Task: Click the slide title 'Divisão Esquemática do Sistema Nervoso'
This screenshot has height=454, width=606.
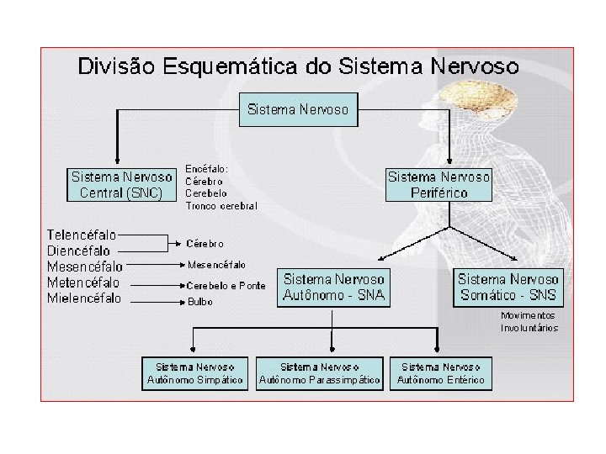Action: (298, 66)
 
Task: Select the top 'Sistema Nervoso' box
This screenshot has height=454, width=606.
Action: (298, 109)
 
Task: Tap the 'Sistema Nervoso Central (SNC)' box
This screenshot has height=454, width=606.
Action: (121, 185)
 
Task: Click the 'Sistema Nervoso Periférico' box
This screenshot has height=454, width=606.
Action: (439, 185)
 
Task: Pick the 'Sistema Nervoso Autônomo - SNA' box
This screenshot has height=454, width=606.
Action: (334, 287)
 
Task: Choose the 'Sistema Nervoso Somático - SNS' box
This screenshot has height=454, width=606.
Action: (508, 287)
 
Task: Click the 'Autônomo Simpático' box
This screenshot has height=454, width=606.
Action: (195, 374)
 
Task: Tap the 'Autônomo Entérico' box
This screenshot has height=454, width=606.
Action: (441, 374)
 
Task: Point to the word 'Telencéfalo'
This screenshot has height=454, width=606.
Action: (82, 235)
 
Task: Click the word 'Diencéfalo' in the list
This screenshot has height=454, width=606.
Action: (78, 251)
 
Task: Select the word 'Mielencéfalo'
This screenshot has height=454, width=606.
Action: (84, 298)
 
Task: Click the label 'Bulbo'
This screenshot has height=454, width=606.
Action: (199, 302)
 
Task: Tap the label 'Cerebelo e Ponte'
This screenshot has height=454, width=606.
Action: (226, 286)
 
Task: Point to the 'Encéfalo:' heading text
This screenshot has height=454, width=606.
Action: (206, 169)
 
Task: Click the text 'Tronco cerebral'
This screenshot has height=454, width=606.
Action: (221, 206)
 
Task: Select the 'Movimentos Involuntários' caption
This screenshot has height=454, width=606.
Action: (529, 322)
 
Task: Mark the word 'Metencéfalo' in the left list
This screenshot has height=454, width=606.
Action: (83, 282)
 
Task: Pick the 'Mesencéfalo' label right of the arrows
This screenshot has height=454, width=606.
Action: (216, 265)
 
